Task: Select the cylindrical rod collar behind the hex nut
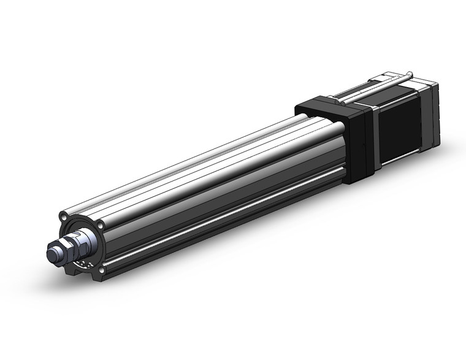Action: tap(89, 238)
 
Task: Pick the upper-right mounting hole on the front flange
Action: tap(100, 226)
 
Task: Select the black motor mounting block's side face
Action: tap(356, 147)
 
